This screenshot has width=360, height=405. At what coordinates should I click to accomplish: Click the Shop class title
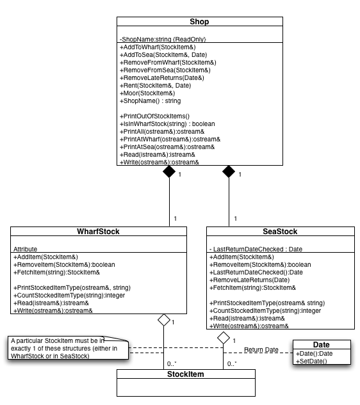pos(199,22)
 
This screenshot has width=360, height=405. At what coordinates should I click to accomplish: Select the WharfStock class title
pos(98,231)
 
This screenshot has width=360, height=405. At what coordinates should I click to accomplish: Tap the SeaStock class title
pos(280,231)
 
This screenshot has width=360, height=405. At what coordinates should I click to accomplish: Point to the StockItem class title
pos(185,374)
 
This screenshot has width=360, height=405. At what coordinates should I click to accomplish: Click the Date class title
pos(321,345)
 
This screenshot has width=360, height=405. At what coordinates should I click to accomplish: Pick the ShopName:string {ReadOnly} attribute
pos(163,39)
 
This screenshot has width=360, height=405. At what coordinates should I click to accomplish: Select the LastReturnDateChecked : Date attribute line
pos(256,250)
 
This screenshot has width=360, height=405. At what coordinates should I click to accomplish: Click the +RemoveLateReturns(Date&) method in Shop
pos(162,78)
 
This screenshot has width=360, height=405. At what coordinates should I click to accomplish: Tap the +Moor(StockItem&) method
pos(147,93)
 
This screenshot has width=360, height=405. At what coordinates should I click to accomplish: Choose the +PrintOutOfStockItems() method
pos(154,116)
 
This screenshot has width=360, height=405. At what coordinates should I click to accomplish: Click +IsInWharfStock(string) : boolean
pos(167,124)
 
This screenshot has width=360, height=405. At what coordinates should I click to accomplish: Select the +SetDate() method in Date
pos(311,361)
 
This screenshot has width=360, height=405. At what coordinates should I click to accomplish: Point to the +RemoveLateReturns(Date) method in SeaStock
pos(250,280)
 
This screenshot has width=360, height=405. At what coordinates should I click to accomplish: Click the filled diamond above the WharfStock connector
pos(169,171)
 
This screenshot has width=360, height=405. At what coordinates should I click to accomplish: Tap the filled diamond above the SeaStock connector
pos(229,171)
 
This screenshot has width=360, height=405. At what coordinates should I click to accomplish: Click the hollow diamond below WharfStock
pos(164,320)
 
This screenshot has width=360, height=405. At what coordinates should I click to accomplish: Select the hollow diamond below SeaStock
pos(224,338)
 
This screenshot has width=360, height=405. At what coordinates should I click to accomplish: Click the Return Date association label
pos(261,350)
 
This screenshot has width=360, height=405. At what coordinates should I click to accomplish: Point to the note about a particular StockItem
pos(68,348)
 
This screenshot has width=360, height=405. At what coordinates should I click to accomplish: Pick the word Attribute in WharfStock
pos(25,250)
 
